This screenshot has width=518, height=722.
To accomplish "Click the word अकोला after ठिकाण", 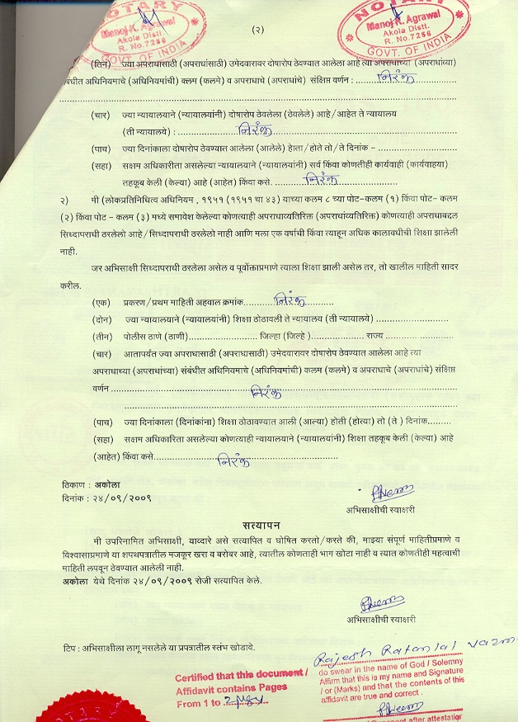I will pyautogui.click(x=84, y=485).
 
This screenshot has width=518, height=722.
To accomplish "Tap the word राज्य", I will pyautogui.click(x=375, y=336).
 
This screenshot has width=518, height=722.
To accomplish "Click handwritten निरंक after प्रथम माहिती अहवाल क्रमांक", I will pyautogui.click(x=288, y=300).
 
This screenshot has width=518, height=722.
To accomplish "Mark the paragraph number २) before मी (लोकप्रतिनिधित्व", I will pyautogui.click(x=64, y=201).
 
